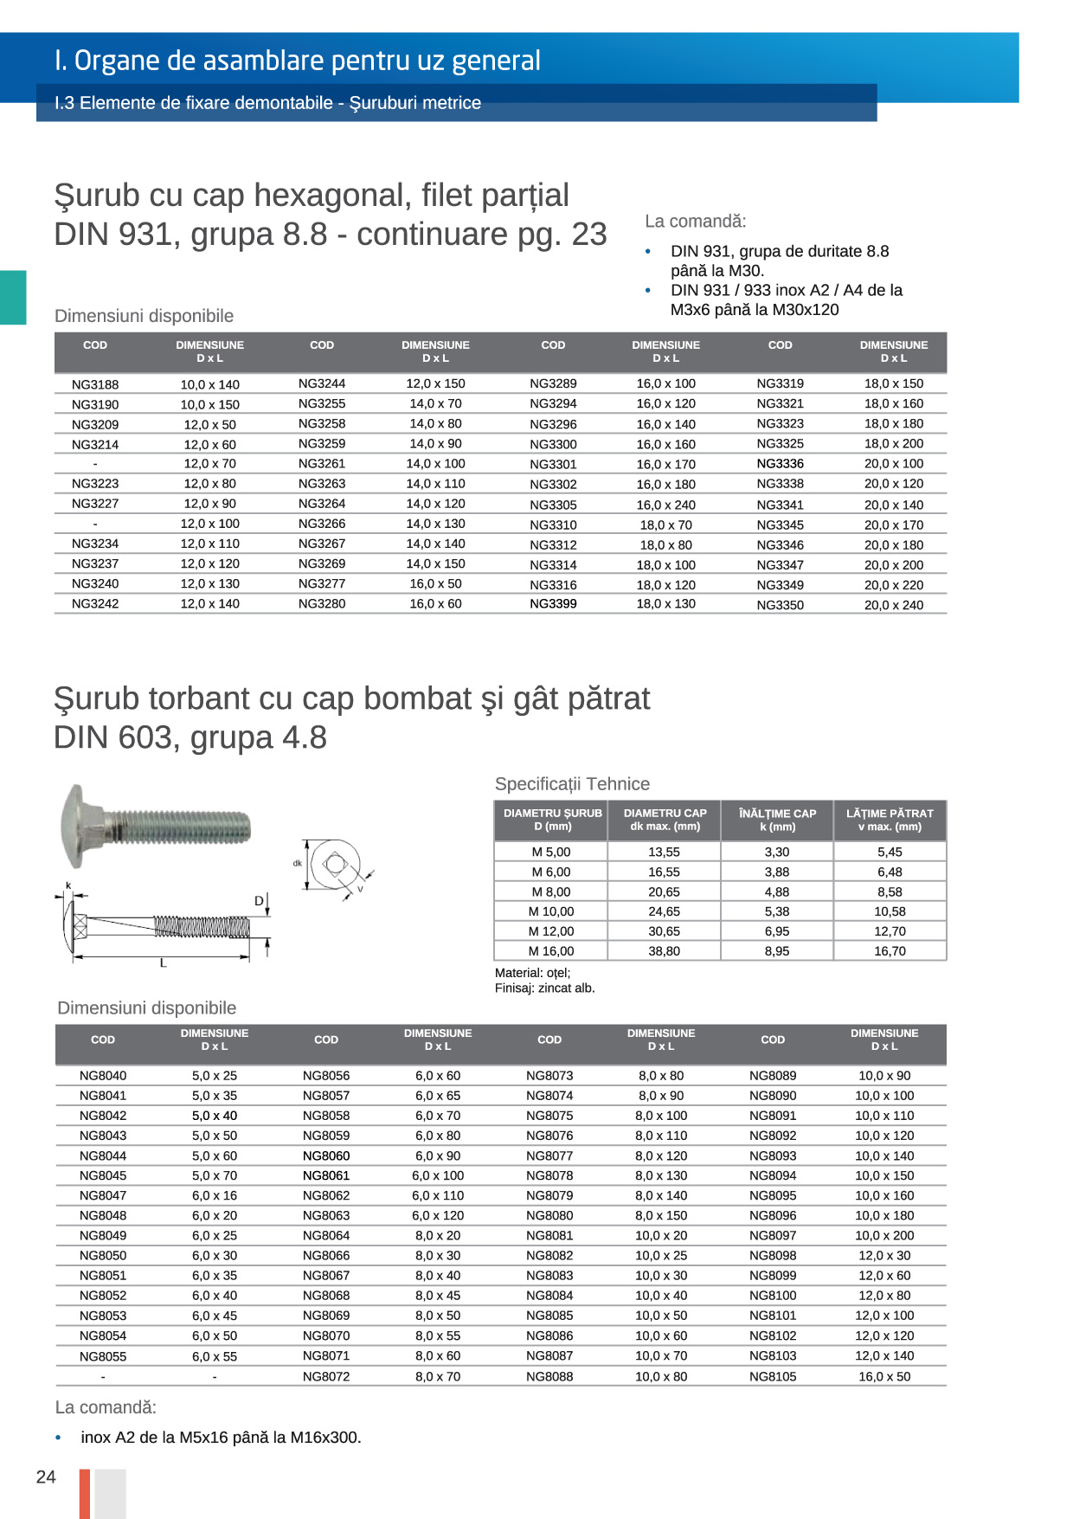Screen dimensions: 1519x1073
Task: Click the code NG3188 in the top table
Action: point(95,384)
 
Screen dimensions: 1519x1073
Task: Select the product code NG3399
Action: point(553,604)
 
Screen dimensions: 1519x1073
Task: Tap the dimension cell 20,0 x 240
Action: point(893,605)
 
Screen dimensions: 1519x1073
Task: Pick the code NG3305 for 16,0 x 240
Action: point(553,505)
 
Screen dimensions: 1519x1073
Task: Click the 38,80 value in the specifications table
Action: point(664,951)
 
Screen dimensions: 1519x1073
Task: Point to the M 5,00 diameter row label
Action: point(551,852)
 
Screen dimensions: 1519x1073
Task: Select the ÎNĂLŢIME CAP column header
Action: point(777,820)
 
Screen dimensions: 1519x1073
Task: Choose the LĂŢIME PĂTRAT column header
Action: point(890,820)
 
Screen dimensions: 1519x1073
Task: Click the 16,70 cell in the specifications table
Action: point(890,951)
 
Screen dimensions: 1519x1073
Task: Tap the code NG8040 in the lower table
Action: point(103,1076)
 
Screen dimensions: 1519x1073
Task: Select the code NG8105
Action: point(773,1376)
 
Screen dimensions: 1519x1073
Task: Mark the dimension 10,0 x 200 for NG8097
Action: point(884,1235)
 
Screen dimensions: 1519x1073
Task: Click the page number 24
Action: point(46,1477)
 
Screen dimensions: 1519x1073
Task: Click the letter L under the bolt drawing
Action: point(163,962)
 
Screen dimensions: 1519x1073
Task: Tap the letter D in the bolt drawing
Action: point(258,901)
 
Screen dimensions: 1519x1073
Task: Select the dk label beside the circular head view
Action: point(297,863)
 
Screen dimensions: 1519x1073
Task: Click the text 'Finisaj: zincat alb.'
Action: point(544,988)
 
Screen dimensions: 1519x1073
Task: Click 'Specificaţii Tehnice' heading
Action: point(572,784)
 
